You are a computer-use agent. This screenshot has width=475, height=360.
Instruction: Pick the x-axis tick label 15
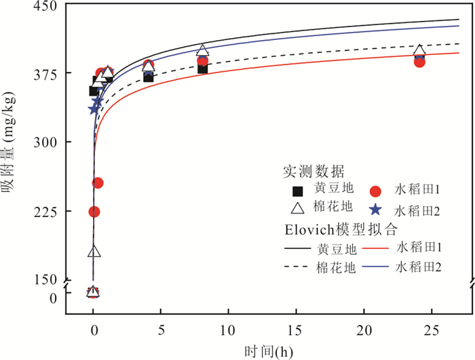296,329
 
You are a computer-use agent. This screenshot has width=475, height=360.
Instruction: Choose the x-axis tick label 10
229,329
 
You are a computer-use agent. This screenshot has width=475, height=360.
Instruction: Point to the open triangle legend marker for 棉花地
297,209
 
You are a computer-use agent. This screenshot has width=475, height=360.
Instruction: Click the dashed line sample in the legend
297,268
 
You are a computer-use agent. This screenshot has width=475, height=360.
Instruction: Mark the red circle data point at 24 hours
419,62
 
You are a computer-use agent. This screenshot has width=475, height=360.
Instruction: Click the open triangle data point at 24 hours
419,52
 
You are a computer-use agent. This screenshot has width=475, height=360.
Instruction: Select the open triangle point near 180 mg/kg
94,252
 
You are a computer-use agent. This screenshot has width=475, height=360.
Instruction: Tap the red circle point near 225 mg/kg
94,212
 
